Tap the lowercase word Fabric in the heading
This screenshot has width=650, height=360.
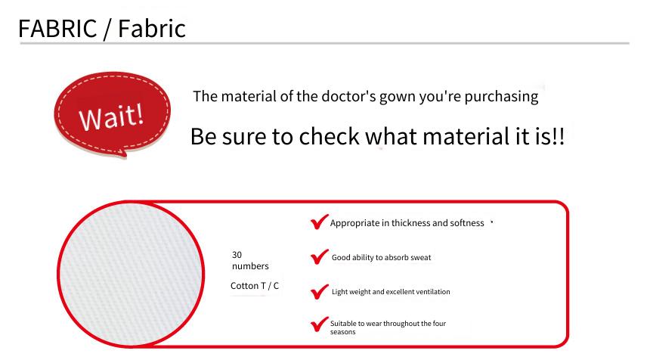coord(152,28)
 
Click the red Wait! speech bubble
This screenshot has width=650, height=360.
coord(113,114)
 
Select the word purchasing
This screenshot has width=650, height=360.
coord(501,97)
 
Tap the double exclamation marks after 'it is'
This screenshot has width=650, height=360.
coord(559,136)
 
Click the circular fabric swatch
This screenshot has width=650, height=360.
coord(131,274)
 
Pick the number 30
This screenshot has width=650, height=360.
coord(237,255)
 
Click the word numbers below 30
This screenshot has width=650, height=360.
coord(250,266)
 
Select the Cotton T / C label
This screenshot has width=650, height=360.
coord(255,286)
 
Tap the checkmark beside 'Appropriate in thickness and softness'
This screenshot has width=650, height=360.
coord(319,222)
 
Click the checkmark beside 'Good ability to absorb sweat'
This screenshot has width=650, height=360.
coord(319,257)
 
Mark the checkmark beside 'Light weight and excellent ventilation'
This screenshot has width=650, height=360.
coord(319,292)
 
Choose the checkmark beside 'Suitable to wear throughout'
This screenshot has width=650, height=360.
coord(319,324)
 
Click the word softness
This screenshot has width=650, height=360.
coord(467,223)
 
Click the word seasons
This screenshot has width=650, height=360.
coord(343,332)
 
